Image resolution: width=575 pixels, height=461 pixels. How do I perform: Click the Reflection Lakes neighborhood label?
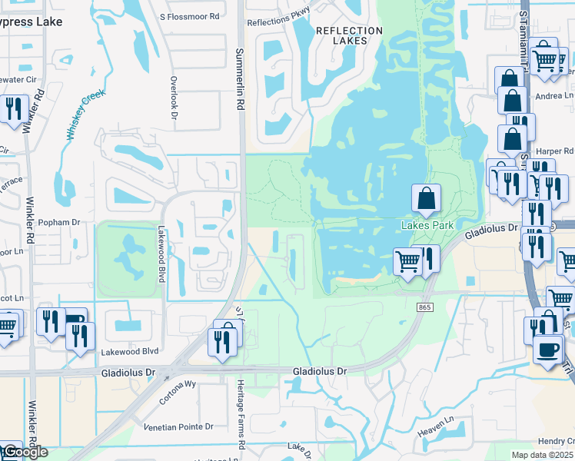[349, 35]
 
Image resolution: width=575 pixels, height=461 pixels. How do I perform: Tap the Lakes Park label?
[428, 225]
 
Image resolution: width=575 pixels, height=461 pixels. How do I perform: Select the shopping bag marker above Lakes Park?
[427, 199]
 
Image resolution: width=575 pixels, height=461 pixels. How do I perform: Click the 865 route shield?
[424, 307]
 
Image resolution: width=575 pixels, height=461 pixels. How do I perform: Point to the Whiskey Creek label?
[84, 113]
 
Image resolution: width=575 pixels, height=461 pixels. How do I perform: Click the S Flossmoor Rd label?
[189, 15]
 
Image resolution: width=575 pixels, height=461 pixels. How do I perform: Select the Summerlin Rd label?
[239, 79]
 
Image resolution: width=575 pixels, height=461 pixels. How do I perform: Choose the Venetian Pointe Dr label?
[178, 426]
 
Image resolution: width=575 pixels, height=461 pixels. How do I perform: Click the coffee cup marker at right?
[547, 350]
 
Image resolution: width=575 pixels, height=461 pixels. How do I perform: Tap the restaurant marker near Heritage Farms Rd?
[223, 341]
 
